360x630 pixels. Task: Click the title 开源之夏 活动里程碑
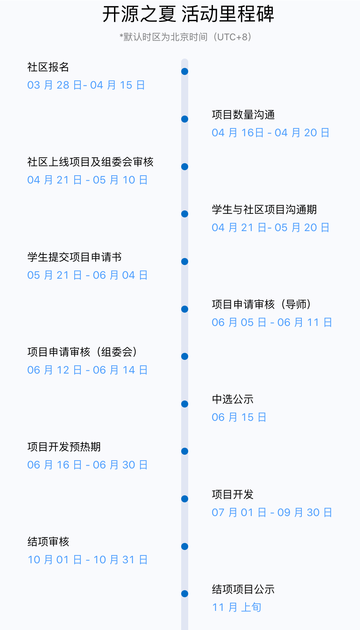point(188,14)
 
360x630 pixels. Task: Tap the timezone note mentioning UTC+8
point(185,37)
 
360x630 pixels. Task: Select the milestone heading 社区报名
point(48,67)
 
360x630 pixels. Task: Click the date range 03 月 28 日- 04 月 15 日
point(86,85)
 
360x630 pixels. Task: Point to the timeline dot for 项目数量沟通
point(185,119)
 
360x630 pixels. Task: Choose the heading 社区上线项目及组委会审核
point(90,162)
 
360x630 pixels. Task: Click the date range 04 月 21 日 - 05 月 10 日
point(87,180)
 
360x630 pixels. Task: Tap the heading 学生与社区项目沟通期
point(264,210)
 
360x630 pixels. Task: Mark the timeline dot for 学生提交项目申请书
point(185,262)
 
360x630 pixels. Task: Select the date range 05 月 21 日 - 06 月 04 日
point(87,275)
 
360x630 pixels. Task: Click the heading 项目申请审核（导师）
point(261,304)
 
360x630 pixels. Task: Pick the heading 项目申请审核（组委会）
point(82,352)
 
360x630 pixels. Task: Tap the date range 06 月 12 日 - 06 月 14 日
point(87,370)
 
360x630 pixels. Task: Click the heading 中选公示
point(233,399)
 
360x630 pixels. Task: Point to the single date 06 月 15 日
point(239,417)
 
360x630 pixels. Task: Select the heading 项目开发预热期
point(64,447)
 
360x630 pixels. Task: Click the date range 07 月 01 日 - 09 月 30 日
point(272,513)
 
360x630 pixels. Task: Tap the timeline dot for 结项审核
point(185,546)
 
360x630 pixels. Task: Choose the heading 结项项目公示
point(243,589)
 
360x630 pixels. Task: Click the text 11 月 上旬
point(237,607)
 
